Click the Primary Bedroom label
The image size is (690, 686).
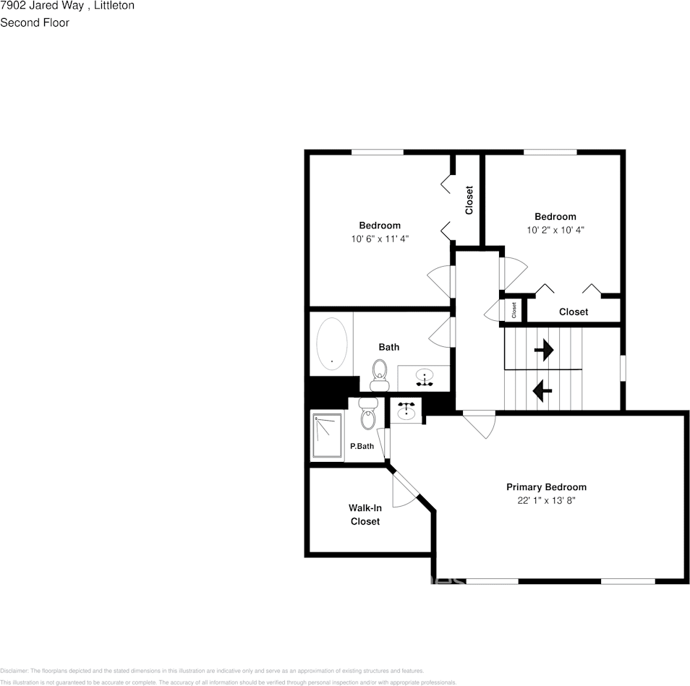coord(545,486)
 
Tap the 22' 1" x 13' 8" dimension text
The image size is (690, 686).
coord(545,500)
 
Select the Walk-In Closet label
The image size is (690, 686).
coord(365,514)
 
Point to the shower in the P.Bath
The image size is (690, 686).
coord(327,435)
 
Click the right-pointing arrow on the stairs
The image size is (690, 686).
coord(543,351)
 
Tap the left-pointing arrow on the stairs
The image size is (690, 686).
coord(542,391)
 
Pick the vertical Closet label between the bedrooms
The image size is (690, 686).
coord(469,200)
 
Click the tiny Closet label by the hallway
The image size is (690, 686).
coord(514,310)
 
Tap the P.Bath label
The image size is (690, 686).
coord(362,446)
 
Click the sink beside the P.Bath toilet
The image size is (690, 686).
coord(406,411)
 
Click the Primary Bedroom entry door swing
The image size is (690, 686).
coord(479,424)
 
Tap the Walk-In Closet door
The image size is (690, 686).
coord(405,489)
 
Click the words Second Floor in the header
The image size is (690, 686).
coord(35,22)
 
